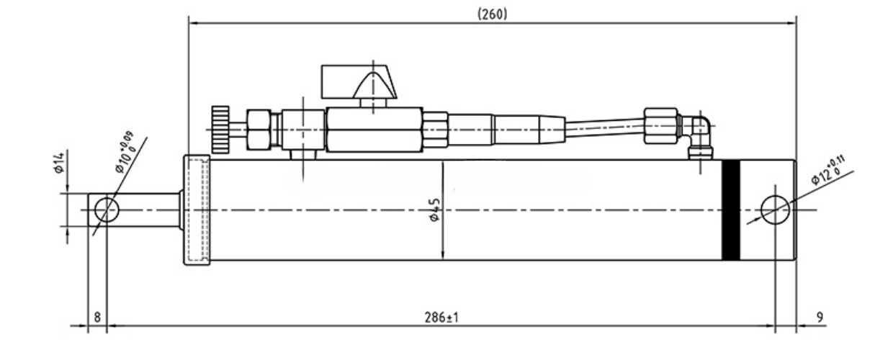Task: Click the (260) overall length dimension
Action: [493, 14]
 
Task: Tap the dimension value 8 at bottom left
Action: [97, 317]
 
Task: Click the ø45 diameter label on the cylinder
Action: [434, 210]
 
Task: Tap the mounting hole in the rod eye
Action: [107, 210]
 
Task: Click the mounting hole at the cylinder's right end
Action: [775, 210]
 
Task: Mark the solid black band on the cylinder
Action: [731, 210]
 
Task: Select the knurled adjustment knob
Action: [220, 130]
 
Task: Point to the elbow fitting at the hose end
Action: [697, 133]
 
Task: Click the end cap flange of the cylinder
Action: [196, 210]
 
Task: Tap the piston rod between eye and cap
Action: [150, 210]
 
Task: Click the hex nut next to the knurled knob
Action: [258, 130]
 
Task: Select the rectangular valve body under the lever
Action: [373, 130]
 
